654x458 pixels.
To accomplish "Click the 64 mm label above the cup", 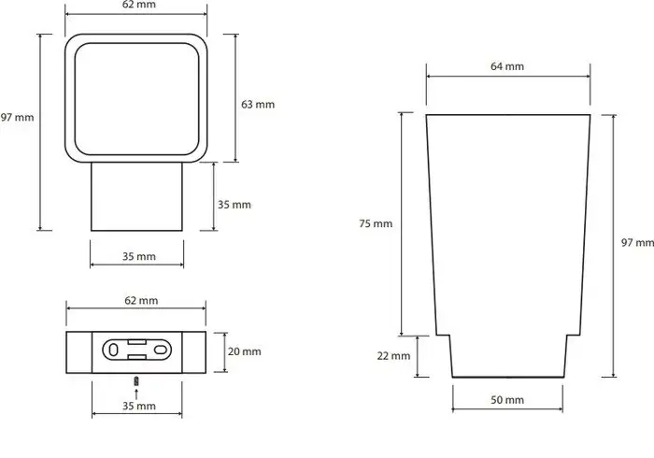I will [x=507, y=65].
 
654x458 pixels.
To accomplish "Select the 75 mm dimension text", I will [x=377, y=223].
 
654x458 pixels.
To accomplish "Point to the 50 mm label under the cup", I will [x=507, y=400].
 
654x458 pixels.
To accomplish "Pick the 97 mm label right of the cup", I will [x=637, y=243].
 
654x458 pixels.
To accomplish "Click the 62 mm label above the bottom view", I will [x=139, y=300].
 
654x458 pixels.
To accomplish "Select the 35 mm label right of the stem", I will [x=235, y=204].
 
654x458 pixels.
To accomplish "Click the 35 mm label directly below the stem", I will [x=139, y=255].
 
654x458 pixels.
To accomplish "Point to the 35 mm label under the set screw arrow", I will [x=139, y=407].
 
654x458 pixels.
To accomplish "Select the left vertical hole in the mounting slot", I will [x=113, y=350].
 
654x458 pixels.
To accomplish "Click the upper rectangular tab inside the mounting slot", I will [x=138, y=341].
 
